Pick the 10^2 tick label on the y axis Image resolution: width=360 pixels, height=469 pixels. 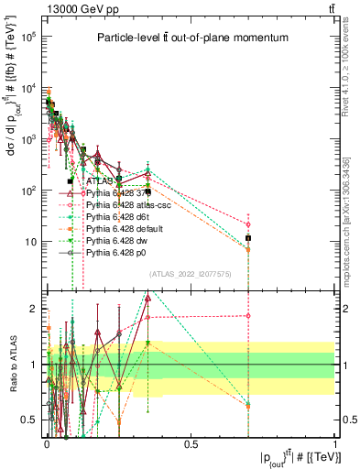click(30, 191)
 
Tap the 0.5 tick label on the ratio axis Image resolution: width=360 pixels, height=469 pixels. click(30, 420)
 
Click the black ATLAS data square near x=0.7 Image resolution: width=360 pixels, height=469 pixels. click(248, 238)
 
